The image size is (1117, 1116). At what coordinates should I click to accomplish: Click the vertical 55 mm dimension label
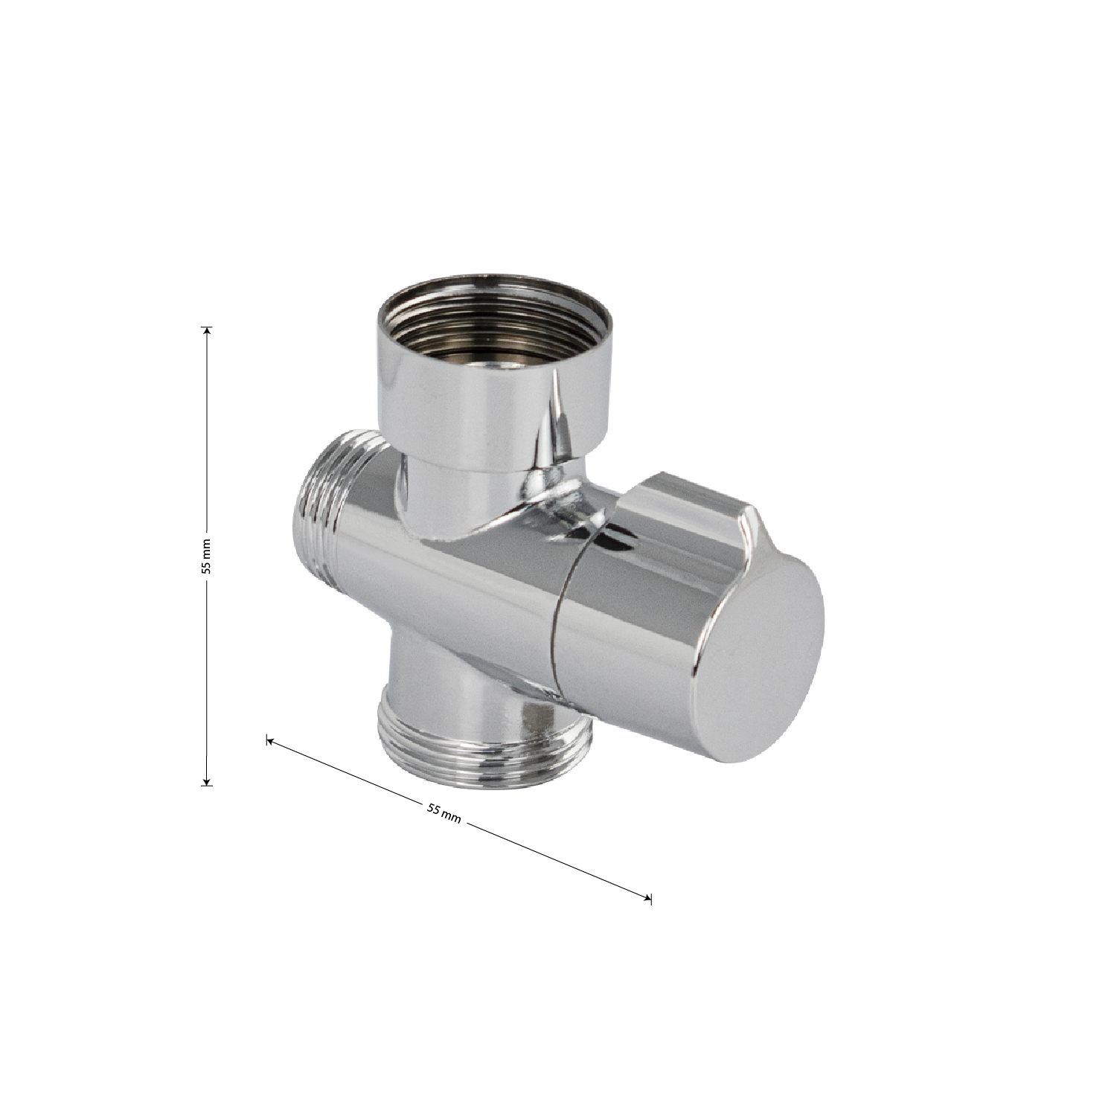click(208, 555)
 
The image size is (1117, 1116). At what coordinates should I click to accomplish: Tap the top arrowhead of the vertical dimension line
click(208, 330)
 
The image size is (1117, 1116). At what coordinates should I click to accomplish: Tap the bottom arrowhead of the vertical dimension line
click(208, 780)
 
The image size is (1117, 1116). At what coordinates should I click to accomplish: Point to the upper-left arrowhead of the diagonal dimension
click(271, 740)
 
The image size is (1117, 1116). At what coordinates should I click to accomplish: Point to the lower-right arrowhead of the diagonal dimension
click(647, 898)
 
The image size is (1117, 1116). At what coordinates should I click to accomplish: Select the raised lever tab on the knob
click(685, 500)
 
